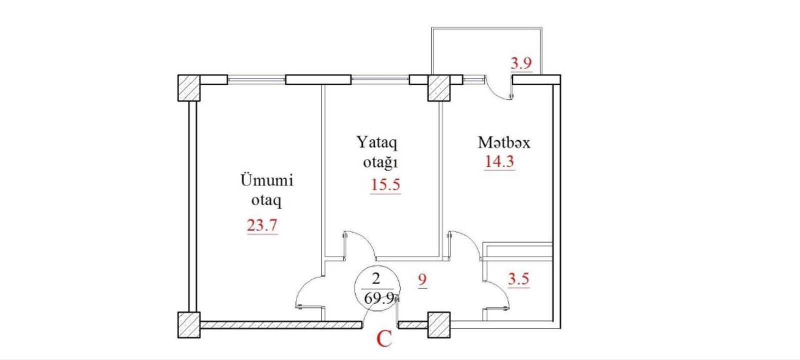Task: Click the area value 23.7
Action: click(262, 225)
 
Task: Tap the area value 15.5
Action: click(385, 185)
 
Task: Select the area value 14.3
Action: click(499, 161)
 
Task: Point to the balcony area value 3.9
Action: click(521, 63)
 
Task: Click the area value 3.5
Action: click(518, 279)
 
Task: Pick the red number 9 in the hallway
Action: click(422, 280)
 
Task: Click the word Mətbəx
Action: click(504, 142)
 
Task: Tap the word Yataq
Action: click(377, 142)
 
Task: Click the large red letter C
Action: click(384, 339)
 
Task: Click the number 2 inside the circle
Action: click(375, 279)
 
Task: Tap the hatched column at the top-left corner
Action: click(189, 88)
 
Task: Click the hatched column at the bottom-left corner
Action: click(189, 325)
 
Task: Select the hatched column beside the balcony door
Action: click(439, 88)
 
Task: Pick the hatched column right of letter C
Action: click(439, 325)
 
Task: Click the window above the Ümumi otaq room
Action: click(256, 79)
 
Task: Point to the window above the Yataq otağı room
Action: click(380, 79)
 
